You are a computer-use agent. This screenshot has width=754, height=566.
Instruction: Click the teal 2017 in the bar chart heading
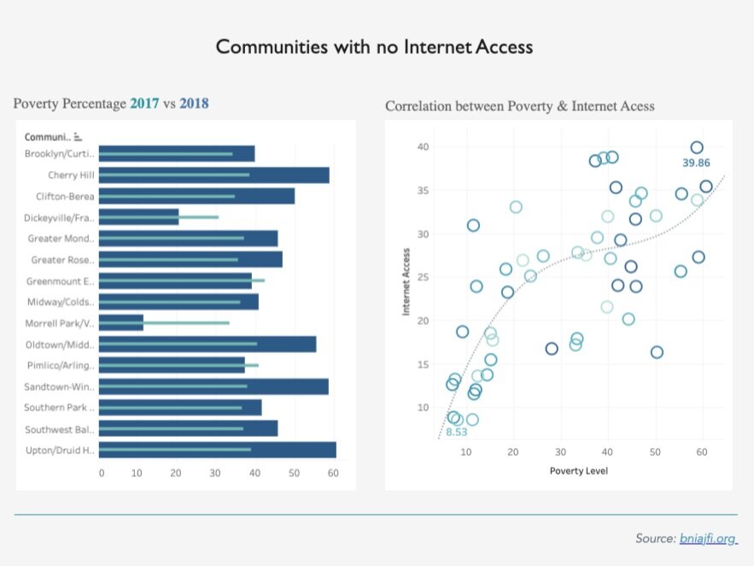144,103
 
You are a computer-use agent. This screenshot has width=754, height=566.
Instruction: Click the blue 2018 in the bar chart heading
194,103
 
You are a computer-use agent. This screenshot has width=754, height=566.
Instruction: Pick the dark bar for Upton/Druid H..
217,450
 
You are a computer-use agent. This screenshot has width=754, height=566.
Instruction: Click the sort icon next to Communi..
78,136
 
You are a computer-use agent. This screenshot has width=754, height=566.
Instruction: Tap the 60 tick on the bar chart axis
333,473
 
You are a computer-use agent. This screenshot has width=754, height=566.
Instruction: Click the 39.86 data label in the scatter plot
696,162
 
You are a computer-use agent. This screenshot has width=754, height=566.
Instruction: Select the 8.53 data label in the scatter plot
457,432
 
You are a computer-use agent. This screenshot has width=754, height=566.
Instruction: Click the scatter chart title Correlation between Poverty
520,107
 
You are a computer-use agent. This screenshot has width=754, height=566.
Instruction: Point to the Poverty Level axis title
579,471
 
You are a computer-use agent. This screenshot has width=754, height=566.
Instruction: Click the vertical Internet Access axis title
406,282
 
